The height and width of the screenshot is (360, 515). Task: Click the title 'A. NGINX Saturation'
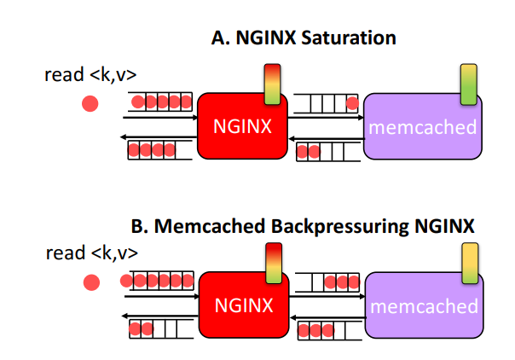[x=304, y=38]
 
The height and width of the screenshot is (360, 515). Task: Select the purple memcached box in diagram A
[x=422, y=128]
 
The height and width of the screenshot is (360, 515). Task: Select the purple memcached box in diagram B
[x=423, y=305]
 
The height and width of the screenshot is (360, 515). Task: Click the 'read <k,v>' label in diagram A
[x=90, y=75]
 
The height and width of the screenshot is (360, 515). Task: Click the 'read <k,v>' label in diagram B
[x=90, y=253]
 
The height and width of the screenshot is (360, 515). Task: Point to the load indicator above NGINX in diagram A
[x=272, y=84]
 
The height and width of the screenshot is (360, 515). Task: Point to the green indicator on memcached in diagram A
[x=467, y=84]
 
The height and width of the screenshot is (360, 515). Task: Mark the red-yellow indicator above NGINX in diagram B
[x=272, y=263]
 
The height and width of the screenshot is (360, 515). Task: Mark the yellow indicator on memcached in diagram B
[x=469, y=263]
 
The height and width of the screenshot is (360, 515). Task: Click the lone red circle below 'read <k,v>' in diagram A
[x=90, y=104]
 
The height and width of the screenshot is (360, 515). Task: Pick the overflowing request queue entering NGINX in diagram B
[x=159, y=280]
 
